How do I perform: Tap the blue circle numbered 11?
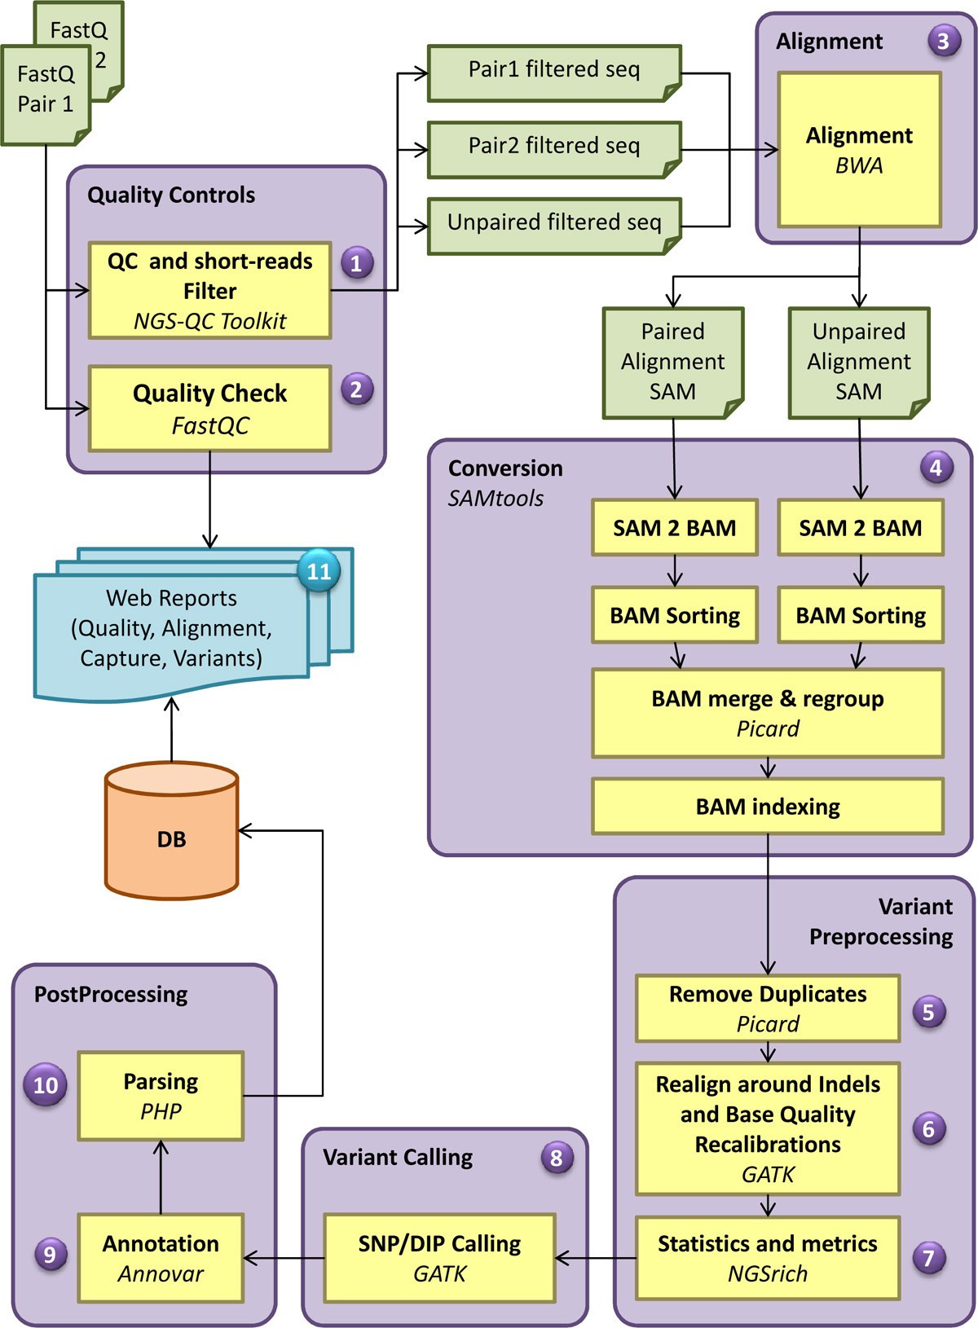point(319,571)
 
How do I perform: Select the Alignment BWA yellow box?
point(859,150)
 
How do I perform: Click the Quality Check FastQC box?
point(209,408)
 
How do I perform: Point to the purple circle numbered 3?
point(943,41)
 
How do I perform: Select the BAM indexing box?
point(767,806)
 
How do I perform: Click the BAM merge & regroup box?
point(767,713)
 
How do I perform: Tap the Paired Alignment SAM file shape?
point(672,362)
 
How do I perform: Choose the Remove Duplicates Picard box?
point(767,1008)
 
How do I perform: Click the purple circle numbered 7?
point(928,1257)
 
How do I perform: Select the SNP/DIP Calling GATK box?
point(439,1257)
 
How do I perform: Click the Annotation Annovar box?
point(161,1257)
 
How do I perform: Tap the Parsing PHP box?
point(161,1095)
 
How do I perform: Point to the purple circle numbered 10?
point(46,1085)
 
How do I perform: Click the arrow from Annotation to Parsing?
point(161,1177)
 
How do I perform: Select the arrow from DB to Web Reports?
point(171,729)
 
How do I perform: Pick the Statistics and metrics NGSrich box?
point(767,1257)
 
